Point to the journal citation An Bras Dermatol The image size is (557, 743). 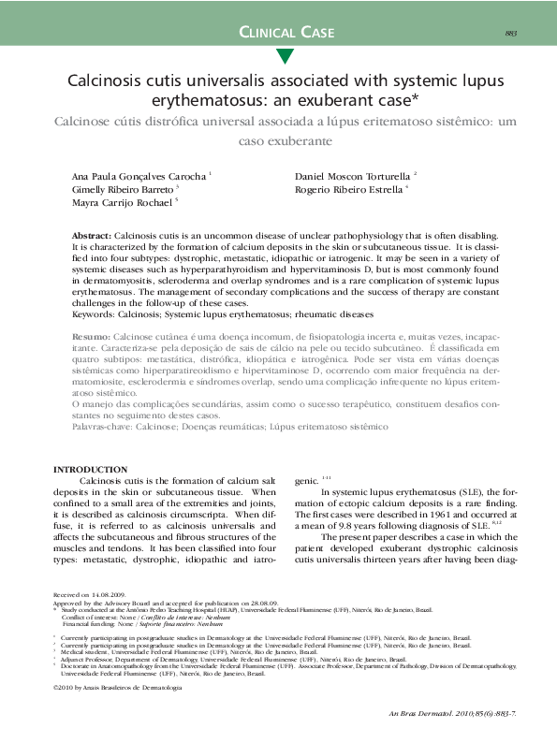[425, 714]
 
